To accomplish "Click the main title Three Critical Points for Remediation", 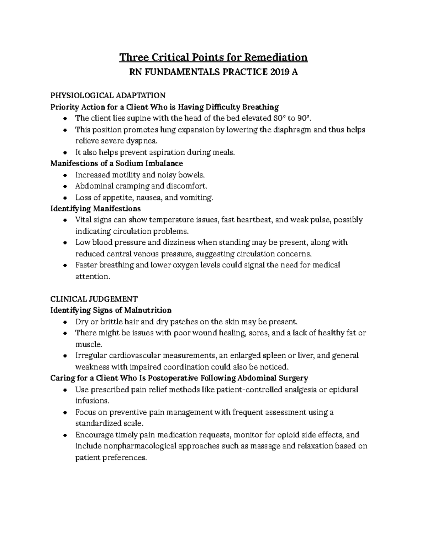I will (x=213, y=57).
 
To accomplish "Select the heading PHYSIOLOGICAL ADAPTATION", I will (x=108, y=95).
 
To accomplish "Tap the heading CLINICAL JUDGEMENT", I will (x=94, y=299).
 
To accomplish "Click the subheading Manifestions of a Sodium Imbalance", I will (x=117, y=163).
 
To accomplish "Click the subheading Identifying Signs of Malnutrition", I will (x=111, y=310).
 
